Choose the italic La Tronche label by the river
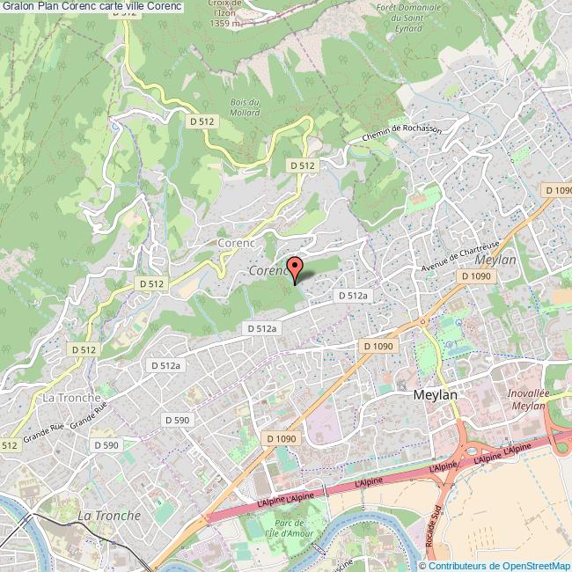pyautogui.click(x=108, y=515)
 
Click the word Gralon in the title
pyautogui.click(x=17, y=6)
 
